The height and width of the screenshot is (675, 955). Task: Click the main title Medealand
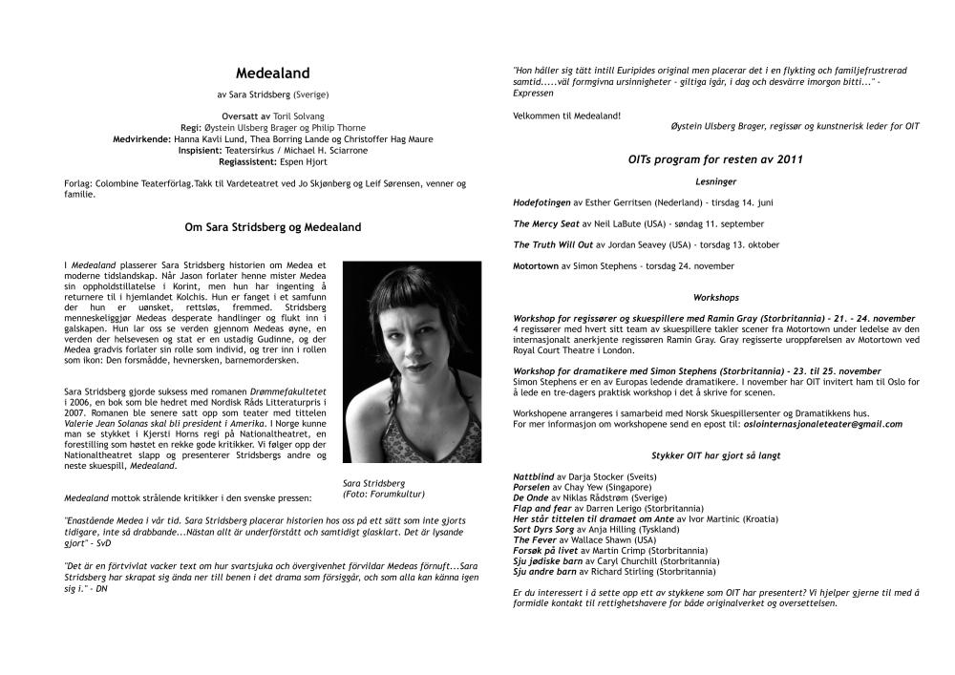coord(272,73)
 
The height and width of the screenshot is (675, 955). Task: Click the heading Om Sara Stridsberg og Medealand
coord(272,228)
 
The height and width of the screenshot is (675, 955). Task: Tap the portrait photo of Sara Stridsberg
coord(411,362)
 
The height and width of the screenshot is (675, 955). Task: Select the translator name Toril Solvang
coord(301,116)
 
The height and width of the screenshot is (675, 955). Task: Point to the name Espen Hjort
coord(303,162)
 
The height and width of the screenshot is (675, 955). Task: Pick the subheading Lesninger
coord(715,180)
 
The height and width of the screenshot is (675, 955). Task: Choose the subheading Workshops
coord(715,298)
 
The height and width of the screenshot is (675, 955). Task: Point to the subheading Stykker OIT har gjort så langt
coord(715,456)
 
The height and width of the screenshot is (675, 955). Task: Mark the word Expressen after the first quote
coord(532,94)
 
